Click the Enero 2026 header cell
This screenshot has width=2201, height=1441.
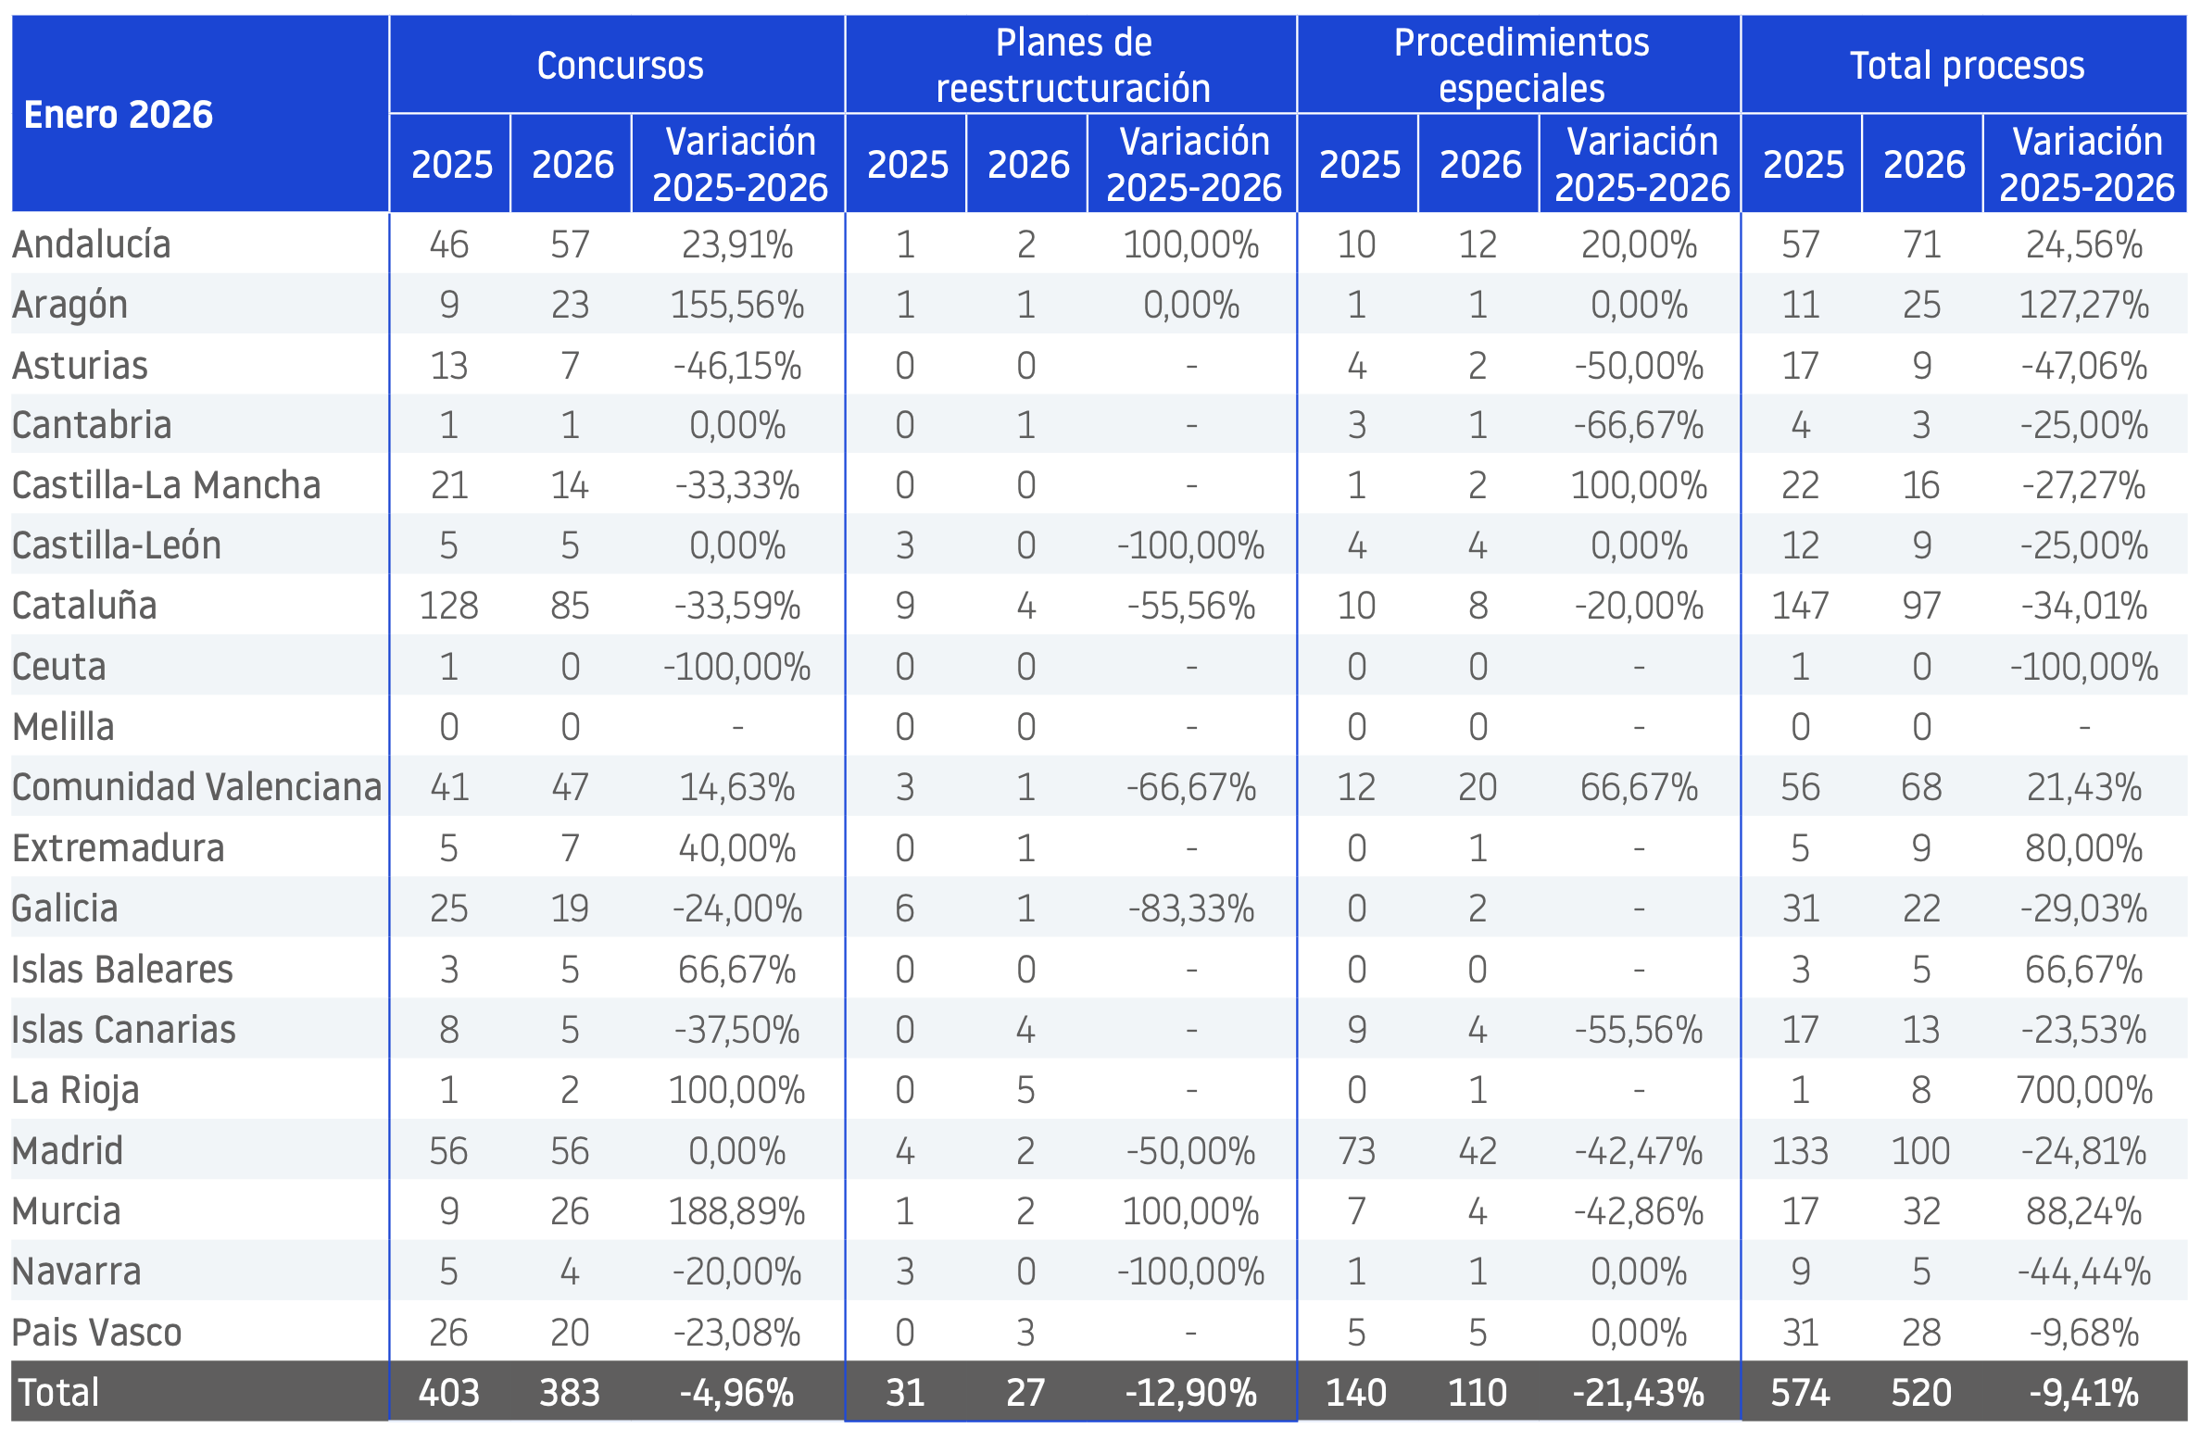pyautogui.click(x=119, y=115)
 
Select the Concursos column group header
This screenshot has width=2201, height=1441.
pyautogui.click(x=620, y=66)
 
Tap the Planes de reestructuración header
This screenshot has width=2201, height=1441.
pyautogui.click(x=1074, y=66)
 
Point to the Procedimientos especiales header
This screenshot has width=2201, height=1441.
pyautogui.click(x=1521, y=66)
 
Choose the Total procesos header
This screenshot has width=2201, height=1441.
pyautogui.click(x=1967, y=66)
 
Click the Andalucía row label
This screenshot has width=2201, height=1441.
pyautogui.click(x=92, y=244)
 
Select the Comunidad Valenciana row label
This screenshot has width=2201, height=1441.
pyautogui.click(x=197, y=787)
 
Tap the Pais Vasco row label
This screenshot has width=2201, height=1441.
pyautogui.click(x=97, y=1332)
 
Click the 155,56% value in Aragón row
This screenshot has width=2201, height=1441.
pyautogui.click(x=737, y=305)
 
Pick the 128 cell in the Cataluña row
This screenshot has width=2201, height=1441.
pyautogui.click(x=449, y=606)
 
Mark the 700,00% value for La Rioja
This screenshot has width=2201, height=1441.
pyautogui.click(x=2084, y=1090)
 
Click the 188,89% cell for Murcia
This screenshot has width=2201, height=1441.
pyautogui.click(x=737, y=1210)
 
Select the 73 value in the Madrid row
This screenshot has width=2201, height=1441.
pyautogui.click(x=1357, y=1151)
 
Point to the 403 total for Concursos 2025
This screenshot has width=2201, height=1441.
pyautogui.click(x=449, y=1393)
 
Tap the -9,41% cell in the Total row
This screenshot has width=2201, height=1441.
pyautogui.click(x=2084, y=1393)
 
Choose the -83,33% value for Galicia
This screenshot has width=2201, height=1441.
pyautogui.click(x=1191, y=908)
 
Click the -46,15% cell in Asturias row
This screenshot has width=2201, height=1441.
pyautogui.click(x=737, y=366)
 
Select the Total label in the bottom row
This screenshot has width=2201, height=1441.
pyautogui.click(x=58, y=1393)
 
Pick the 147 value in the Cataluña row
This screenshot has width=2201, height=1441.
pyautogui.click(x=1800, y=606)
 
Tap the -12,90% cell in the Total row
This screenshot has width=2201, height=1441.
pyautogui.click(x=1191, y=1393)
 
